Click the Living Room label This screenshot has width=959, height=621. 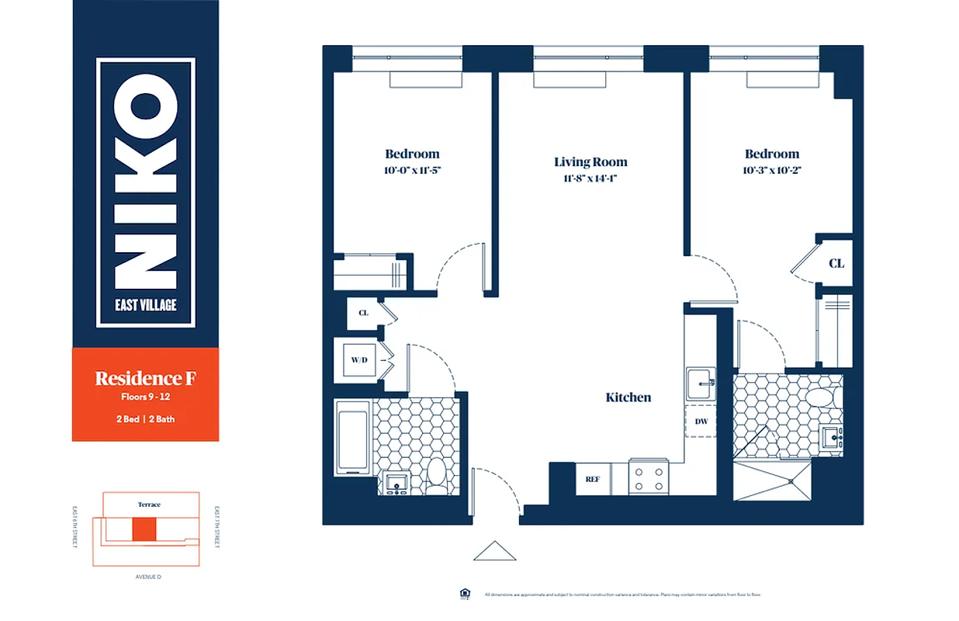(590, 162)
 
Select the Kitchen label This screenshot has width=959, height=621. (628, 397)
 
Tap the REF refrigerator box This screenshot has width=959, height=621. (593, 479)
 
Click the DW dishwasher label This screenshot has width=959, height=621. (701, 422)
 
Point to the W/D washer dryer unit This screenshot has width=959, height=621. (358, 360)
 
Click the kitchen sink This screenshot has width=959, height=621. (701, 383)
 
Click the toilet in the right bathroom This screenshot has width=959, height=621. (817, 398)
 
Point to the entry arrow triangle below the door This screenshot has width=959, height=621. (494, 551)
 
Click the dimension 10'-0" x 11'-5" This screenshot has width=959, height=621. (412, 170)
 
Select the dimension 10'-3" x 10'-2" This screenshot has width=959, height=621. (771, 170)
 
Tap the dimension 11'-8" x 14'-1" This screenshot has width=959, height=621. (590, 178)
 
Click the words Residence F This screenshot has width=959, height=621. (145, 378)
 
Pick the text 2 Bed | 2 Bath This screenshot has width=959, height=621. (145, 419)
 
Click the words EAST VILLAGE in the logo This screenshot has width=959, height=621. (146, 304)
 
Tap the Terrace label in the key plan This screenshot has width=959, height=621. (149, 505)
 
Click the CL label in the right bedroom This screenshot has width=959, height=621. (836, 264)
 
